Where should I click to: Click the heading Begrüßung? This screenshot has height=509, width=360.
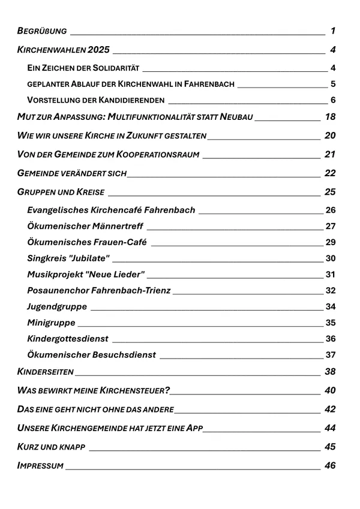pyautogui.click(x=42, y=31)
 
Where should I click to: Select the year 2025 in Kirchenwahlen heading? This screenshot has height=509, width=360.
pyautogui.click(x=98, y=50)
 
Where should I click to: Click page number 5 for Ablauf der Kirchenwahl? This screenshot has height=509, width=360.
pyautogui.click(x=332, y=84)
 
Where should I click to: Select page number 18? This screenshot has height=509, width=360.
pyautogui.click(x=330, y=117)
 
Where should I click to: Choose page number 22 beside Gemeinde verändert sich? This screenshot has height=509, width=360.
pyautogui.click(x=330, y=173)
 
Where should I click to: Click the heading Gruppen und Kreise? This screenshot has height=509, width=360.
pyautogui.click(x=61, y=192)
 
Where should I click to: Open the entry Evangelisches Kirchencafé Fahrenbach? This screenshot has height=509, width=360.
pyautogui.click(x=111, y=210)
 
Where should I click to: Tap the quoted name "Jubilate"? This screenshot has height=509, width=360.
pyautogui.click(x=90, y=259)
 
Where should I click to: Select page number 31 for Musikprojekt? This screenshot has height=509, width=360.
pyautogui.click(x=330, y=275)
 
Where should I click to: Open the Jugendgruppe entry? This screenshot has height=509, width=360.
pyautogui.click(x=57, y=308)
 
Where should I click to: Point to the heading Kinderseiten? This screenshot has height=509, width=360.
pyautogui.click(x=46, y=372)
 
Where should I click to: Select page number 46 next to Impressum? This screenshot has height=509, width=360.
pyautogui.click(x=330, y=466)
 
